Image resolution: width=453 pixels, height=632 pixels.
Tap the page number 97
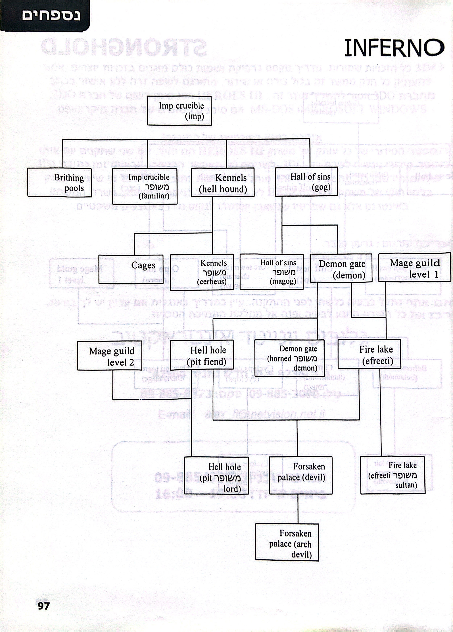click(44, 606)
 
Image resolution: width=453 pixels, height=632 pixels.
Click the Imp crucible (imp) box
click(179, 111)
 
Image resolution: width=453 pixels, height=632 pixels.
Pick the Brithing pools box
click(60, 182)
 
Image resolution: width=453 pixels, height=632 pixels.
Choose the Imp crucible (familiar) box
click(145, 186)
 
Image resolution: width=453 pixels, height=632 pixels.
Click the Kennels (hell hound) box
click(223, 182)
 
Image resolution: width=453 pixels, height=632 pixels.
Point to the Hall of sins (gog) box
click(306, 182)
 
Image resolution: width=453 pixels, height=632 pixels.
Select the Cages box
click(131, 269)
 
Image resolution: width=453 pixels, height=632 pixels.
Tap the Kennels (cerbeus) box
click(202, 272)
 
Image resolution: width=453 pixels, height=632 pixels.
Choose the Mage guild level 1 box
click(414, 267)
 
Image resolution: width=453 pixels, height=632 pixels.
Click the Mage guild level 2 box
click(109, 355)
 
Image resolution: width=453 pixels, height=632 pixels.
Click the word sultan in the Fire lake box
click(406, 485)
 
